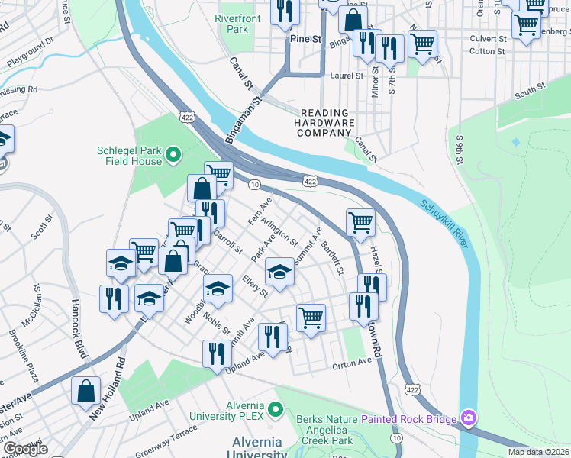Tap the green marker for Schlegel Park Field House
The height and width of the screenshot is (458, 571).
click(x=173, y=155)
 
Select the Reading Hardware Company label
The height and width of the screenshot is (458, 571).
click(x=326, y=122)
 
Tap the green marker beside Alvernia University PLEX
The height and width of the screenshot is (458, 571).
click(x=279, y=411)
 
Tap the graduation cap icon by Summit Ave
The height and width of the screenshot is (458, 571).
click(x=279, y=273)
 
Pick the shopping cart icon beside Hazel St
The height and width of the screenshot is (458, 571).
click(x=360, y=223)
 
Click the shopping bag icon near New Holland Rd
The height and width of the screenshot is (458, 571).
click(x=85, y=390)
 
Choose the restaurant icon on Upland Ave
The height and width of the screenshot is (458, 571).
click(x=217, y=353)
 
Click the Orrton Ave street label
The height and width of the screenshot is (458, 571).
click(x=350, y=366)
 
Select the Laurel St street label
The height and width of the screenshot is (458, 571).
click(x=347, y=76)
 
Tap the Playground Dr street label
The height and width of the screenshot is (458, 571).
click(x=31, y=52)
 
